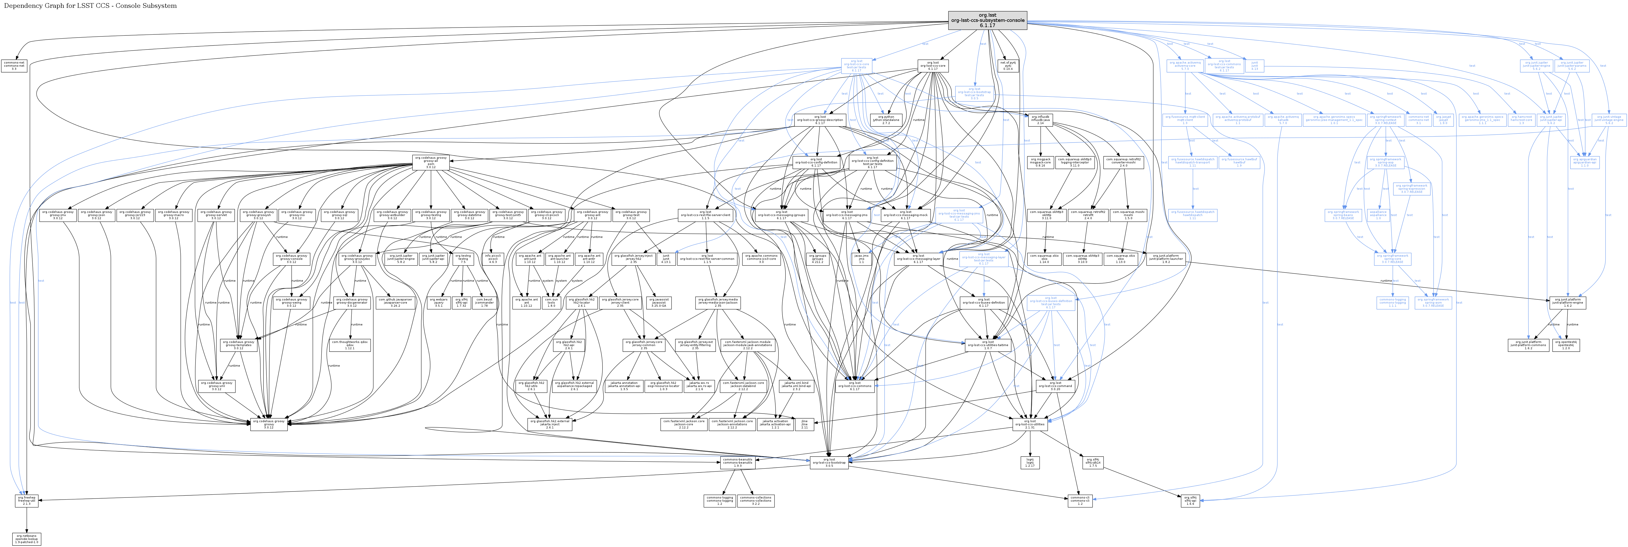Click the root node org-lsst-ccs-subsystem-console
click(987, 20)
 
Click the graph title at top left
click(90, 6)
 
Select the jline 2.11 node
click(804, 425)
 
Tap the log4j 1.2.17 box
click(1029, 462)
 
